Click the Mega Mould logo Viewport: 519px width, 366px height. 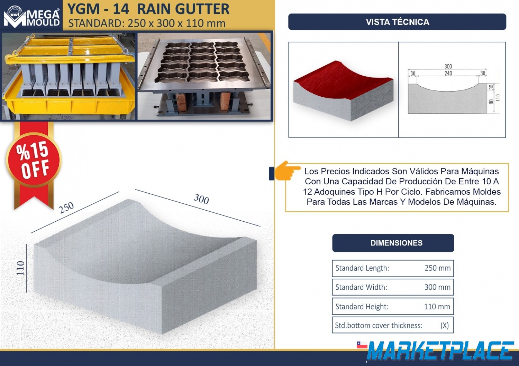[x=31, y=17]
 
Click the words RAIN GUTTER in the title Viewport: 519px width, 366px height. [x=183, y=9]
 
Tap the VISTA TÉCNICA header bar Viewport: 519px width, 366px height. [x=397, y=22]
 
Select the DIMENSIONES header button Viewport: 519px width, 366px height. [x=393, y=243]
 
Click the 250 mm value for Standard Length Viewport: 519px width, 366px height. [x=437, y=268]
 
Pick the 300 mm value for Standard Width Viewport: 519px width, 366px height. [x=437, y=287]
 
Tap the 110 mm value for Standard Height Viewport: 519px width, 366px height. [x=437, y=307]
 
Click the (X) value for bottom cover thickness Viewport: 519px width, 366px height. [x=444, y=326]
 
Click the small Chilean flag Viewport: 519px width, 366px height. [x=362, y=345]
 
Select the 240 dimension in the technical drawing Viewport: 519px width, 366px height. [x=448, y=73]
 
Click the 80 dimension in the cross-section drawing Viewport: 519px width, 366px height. [x=491, y=102]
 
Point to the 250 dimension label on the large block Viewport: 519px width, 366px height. [x=66, y=208]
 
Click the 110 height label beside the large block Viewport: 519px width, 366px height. [x=21, y=268]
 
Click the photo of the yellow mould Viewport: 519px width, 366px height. [x=69, y=76]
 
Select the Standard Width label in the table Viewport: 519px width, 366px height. [x=361, y=287]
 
